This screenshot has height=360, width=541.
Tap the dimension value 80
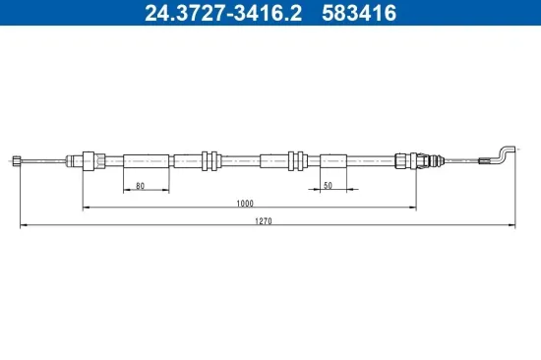(141, 185)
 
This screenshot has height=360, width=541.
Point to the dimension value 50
(327, 185)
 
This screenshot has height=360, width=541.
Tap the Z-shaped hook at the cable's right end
(501, 153)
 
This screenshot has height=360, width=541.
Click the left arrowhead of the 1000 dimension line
(86, 208)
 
